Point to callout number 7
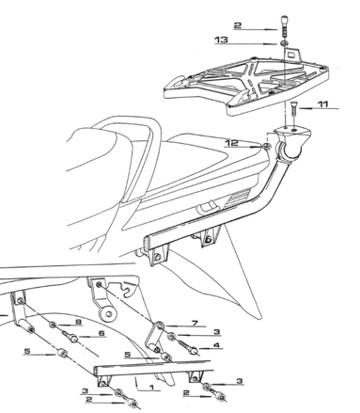[x=194, y=323]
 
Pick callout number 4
[x=217, y=345]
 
